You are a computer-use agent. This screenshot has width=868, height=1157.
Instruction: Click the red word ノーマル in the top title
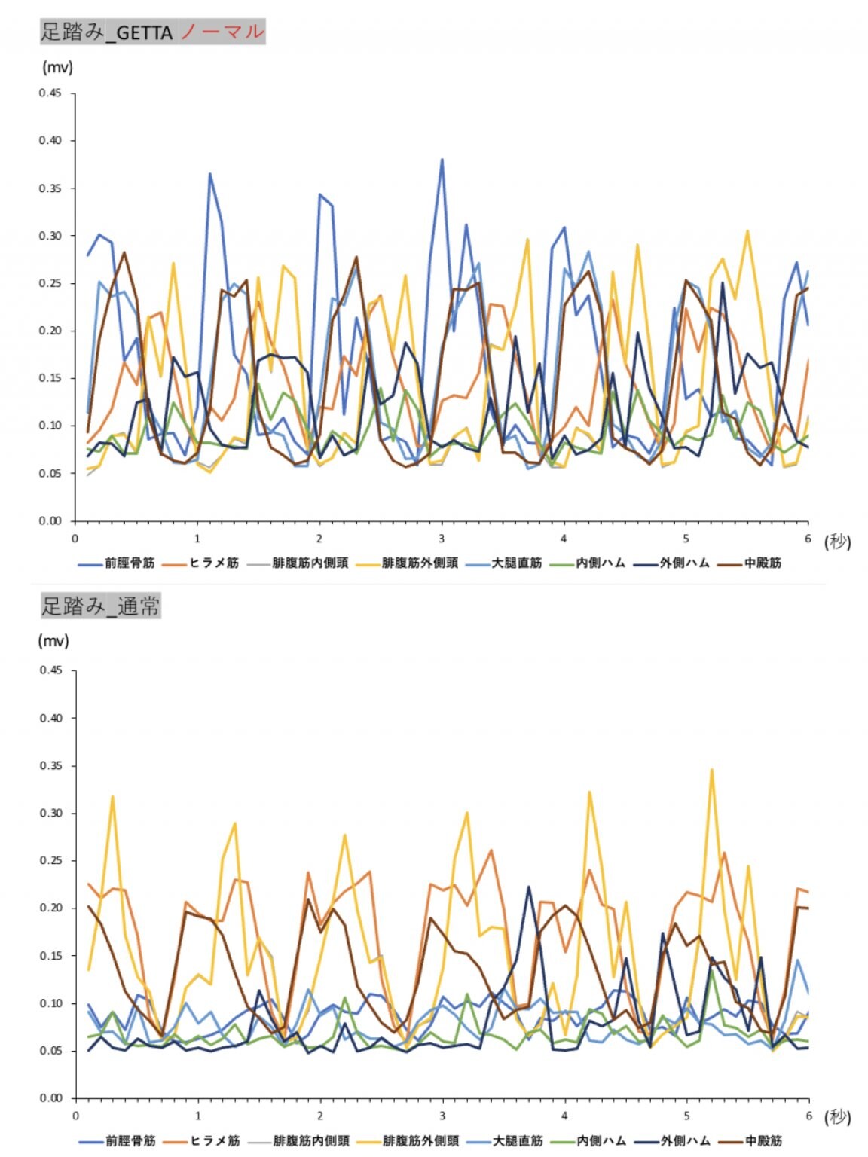pos(222,32)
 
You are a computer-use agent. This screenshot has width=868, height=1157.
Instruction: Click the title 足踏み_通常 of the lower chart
pos(100,606)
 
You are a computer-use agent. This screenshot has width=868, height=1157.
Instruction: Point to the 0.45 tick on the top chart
pos(50,93)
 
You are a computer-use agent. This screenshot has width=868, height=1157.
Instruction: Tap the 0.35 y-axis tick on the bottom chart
pos(50,765)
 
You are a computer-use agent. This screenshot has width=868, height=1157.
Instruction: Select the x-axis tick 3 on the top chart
pos(442,539)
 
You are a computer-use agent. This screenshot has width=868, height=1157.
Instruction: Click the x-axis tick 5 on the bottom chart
pos(686,1116)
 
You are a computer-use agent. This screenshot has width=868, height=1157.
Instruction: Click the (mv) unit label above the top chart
pos(57,67)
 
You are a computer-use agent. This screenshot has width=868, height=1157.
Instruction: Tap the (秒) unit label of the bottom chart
pos(837,1116)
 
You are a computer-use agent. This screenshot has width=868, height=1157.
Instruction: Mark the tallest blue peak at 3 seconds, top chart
pos(442,160)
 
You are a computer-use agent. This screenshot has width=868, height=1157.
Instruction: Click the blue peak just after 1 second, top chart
pos(210,174)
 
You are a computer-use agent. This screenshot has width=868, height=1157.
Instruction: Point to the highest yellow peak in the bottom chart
pos(711,770)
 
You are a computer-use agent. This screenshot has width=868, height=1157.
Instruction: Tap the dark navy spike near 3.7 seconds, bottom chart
pos(528,887)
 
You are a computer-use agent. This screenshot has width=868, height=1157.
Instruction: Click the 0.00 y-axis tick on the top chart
pos(50,520)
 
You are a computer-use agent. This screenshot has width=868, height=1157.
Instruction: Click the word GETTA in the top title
pos(145,33)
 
